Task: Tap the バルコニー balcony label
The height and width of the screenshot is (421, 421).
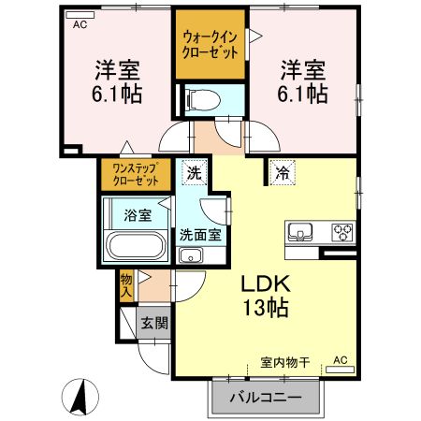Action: point(267,398)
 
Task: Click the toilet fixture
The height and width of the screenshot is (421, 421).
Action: point(199,98)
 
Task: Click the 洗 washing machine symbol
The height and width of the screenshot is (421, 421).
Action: point(192,172)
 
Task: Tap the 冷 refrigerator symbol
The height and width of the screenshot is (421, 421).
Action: point(282,171)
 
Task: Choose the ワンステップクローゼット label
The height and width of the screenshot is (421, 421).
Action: point(135,173)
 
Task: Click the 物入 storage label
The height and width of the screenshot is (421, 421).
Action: point(125,285)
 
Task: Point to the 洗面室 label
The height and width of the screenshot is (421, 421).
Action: point(200,235)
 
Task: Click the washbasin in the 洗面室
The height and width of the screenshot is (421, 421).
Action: point(191,255)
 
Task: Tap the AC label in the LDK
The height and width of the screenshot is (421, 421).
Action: point(340,359)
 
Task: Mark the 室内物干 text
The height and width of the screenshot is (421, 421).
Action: point(285,360)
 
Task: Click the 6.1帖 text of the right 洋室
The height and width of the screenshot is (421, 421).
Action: point(305,94)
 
